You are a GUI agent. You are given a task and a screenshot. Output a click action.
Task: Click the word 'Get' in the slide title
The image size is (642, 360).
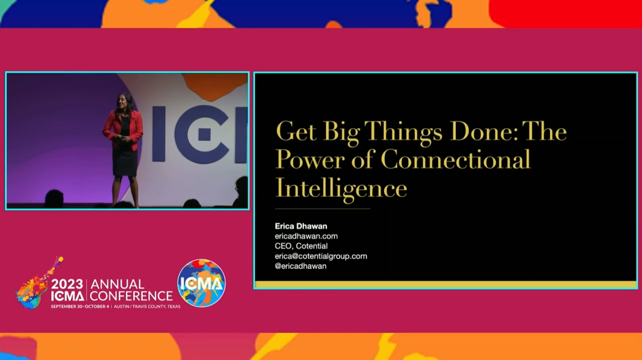[295, 131]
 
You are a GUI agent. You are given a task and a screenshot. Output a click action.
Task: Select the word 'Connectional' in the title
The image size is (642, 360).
[455, 159]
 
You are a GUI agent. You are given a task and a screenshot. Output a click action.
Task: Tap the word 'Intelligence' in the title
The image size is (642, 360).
[341, 188]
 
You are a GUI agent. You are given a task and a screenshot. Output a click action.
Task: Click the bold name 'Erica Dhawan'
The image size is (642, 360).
[301, 226]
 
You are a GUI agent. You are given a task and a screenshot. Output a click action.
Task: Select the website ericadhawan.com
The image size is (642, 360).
[306, 236]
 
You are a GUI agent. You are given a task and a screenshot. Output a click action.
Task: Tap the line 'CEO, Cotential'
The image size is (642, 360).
[301, 246]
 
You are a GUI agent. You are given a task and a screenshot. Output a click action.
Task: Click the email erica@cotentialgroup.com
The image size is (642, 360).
[321, 256]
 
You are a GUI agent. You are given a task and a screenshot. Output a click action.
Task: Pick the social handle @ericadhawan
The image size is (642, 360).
[300, 266]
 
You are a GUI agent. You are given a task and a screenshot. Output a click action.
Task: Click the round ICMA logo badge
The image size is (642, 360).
[202, 283]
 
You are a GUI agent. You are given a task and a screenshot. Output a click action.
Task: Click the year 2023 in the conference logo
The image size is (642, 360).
[67, 284]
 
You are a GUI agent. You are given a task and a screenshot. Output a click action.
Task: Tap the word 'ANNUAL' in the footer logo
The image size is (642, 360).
[117, 285]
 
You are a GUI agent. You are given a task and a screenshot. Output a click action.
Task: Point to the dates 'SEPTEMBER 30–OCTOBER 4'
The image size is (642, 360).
[80, 306]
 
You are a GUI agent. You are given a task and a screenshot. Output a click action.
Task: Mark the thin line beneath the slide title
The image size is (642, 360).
[322, 209]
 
